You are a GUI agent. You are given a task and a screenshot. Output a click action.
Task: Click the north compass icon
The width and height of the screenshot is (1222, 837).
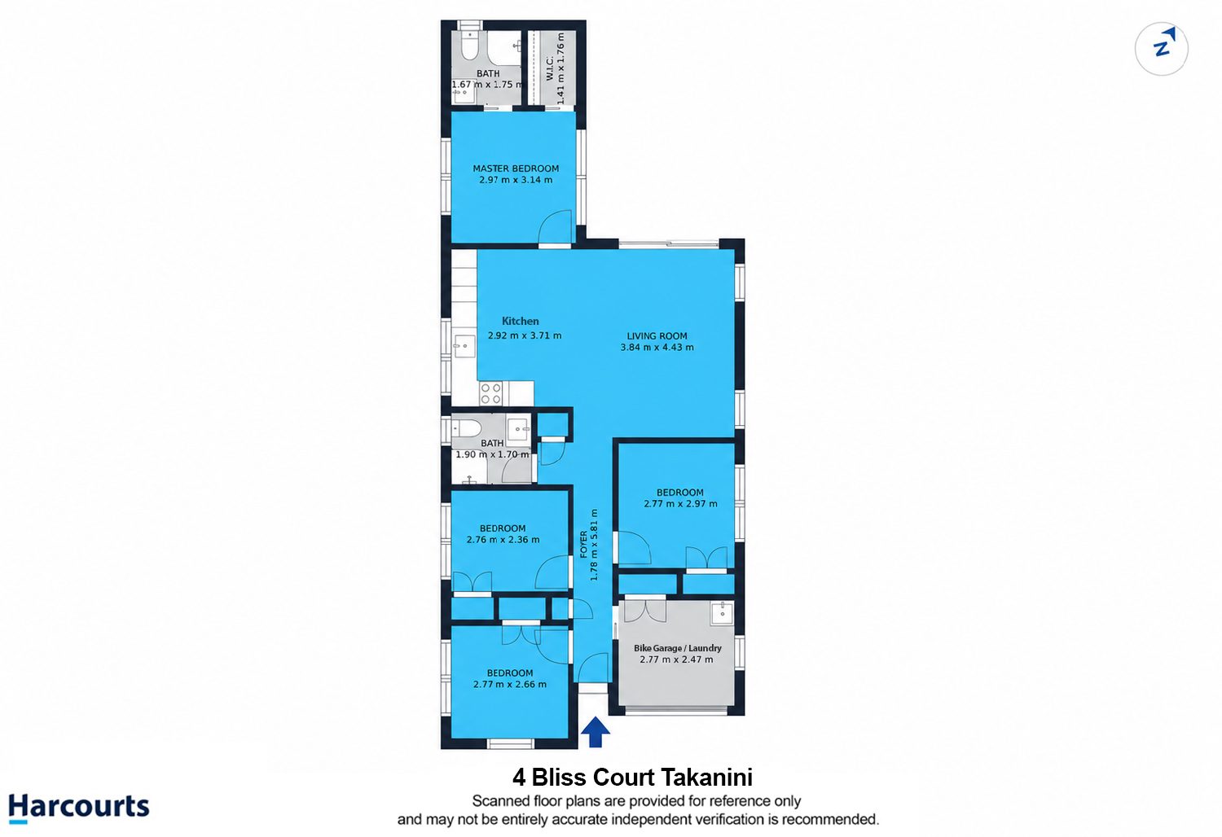point(1162,49)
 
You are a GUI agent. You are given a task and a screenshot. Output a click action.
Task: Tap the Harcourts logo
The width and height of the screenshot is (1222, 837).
point(78,808)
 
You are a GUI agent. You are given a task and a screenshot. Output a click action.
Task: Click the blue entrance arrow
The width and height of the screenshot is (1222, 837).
point(596,732)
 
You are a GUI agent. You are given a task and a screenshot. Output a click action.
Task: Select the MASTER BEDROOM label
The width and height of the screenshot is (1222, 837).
point(516,169)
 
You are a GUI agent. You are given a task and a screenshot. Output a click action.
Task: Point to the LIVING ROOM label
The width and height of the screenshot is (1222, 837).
point(657,336)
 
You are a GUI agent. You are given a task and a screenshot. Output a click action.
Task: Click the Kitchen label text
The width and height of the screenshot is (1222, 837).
point(521,321)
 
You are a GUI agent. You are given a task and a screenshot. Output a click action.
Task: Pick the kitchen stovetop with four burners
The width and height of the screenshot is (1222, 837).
point(490,393)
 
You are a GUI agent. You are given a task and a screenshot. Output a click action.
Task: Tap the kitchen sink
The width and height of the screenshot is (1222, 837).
point(464,346)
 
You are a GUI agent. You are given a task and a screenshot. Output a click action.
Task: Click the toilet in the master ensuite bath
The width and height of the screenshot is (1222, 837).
point(469,46)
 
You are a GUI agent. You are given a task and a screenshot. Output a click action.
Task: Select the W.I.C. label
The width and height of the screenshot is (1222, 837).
point(550,68)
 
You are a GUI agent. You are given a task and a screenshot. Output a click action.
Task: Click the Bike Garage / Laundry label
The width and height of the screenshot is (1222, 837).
point(678,648)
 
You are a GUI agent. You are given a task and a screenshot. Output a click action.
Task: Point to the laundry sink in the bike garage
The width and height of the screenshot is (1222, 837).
point(723,613)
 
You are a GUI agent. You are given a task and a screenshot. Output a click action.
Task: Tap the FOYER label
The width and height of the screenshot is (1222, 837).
point(584,544)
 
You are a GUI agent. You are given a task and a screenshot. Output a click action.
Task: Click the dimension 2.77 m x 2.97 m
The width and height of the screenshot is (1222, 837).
point(680,504)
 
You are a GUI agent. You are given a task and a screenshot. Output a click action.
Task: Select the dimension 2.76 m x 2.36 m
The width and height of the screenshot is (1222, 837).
point(503,540)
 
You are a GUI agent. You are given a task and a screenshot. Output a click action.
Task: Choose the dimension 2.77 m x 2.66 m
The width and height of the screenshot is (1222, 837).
point(509,684)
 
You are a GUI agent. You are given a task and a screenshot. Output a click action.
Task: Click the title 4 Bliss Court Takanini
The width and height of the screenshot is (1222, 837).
point(632,778)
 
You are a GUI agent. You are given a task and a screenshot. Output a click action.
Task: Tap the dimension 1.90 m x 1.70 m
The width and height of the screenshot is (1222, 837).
point(492,454)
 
